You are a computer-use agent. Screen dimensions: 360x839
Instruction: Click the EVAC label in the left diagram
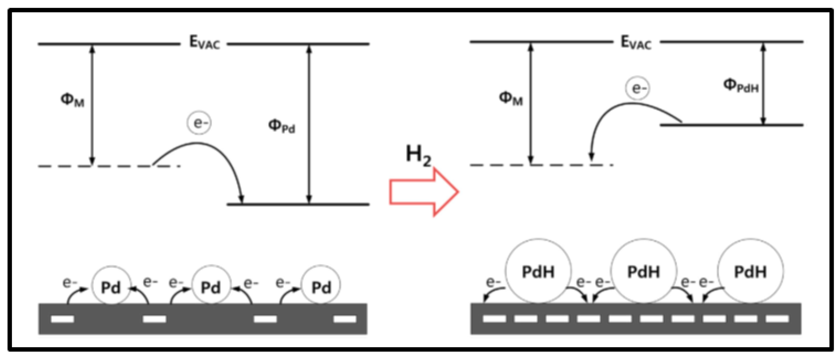[204, 43]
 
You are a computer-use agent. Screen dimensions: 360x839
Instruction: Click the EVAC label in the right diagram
[636, 43]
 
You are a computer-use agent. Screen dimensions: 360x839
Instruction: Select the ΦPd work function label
[282, 126]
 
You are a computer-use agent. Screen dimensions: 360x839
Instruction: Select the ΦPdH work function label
[741, 86]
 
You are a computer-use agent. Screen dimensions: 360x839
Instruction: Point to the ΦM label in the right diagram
[510, 98]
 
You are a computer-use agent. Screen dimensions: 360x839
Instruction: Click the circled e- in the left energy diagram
[199, 123]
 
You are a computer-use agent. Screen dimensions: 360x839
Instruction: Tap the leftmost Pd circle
[111, 286]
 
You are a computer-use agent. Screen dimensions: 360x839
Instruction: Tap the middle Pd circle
[211, 285]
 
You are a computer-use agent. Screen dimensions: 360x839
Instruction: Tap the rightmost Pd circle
[321, 285]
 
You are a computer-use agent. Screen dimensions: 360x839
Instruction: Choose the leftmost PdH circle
[538, 271]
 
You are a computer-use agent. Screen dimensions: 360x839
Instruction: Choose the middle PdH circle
[644, 271]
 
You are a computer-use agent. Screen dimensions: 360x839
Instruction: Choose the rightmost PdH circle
[750, 271]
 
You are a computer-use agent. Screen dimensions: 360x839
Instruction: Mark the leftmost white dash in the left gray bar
[62, 319]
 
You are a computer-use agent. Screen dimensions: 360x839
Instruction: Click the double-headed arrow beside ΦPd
[309, 124]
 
